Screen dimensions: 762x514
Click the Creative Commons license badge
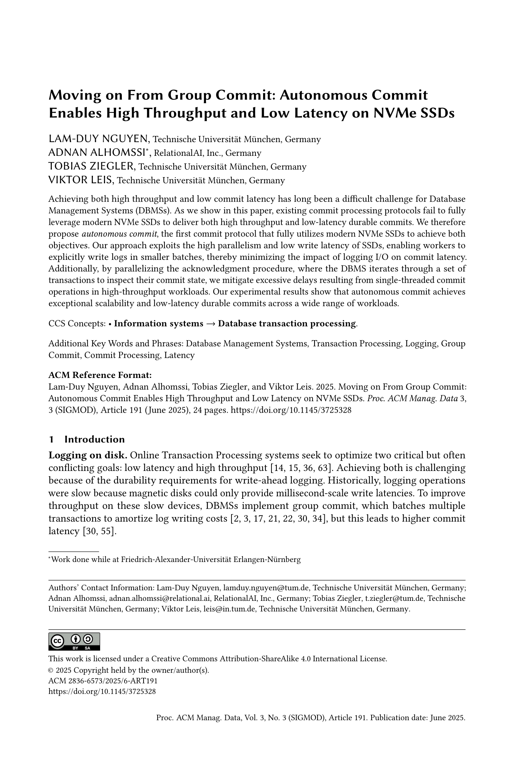74,641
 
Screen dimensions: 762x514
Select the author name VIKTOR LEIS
81,180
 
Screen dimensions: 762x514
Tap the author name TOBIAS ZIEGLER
92,166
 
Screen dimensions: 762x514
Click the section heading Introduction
94,439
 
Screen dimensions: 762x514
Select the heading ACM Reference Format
100,375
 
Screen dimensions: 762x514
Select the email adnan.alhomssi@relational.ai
163,598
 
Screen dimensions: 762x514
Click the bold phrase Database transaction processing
287,323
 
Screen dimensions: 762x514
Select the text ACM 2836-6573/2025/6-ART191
103,681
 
